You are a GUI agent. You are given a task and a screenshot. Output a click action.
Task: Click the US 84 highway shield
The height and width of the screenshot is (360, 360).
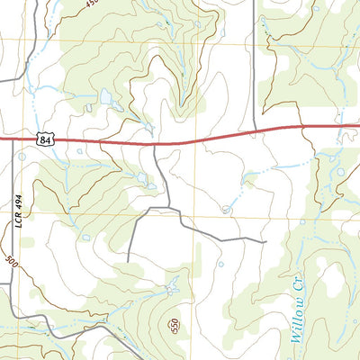(45, 139)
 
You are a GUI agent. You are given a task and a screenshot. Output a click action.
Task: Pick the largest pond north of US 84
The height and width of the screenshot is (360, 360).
(106, 94)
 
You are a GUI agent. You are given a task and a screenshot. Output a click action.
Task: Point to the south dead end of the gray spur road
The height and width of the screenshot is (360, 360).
(129, 261)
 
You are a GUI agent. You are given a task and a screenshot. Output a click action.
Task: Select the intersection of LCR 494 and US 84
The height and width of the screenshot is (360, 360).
(13, 139)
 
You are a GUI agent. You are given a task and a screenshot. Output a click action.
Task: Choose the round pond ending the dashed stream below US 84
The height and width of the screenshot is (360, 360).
(226, 209)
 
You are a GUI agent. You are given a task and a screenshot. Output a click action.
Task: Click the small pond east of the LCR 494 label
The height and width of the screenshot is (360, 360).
(85, 238)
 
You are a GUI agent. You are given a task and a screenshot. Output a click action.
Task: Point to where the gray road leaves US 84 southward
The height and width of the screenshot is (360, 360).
(155, 144)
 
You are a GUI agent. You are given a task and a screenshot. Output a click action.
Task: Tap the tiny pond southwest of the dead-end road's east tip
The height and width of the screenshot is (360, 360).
(220, 265)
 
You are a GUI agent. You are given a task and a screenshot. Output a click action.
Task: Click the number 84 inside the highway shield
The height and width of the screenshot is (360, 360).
(45, 139)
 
